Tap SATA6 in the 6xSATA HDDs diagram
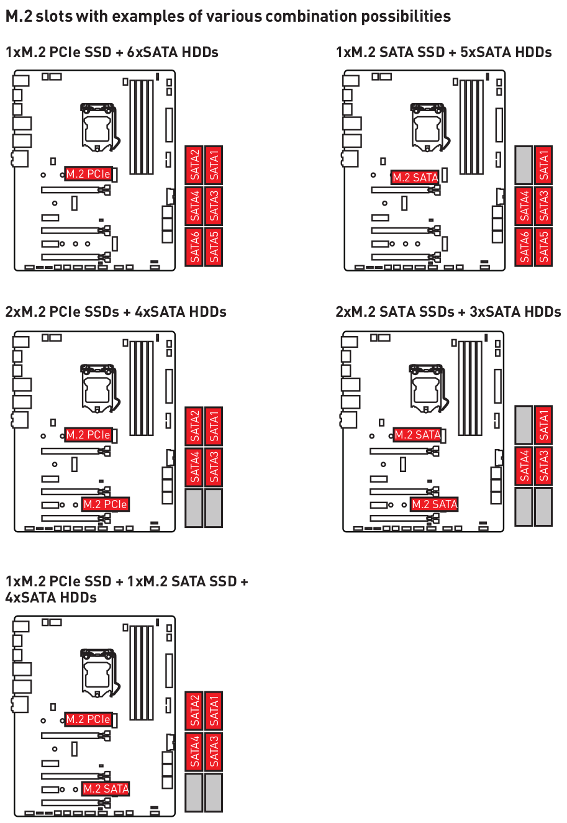[194, 247]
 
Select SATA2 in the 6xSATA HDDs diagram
[194, 165]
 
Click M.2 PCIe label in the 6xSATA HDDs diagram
[88, 174]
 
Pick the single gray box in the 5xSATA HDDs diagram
[524, 165]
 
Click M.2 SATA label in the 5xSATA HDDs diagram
[415, 178]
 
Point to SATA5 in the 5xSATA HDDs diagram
[544, 247]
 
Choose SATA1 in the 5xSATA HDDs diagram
[544, 165]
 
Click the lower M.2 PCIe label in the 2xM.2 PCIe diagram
[105, 504]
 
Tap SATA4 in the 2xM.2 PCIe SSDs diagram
[194, 467]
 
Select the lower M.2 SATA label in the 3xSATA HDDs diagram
[434, 504]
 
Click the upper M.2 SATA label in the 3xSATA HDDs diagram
[417, 435]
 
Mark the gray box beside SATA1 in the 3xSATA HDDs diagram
[524, 425]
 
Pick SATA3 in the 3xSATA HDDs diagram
[544, 466]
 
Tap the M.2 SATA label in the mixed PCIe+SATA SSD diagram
[106, 788]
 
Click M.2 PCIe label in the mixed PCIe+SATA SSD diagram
[88, 719]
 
